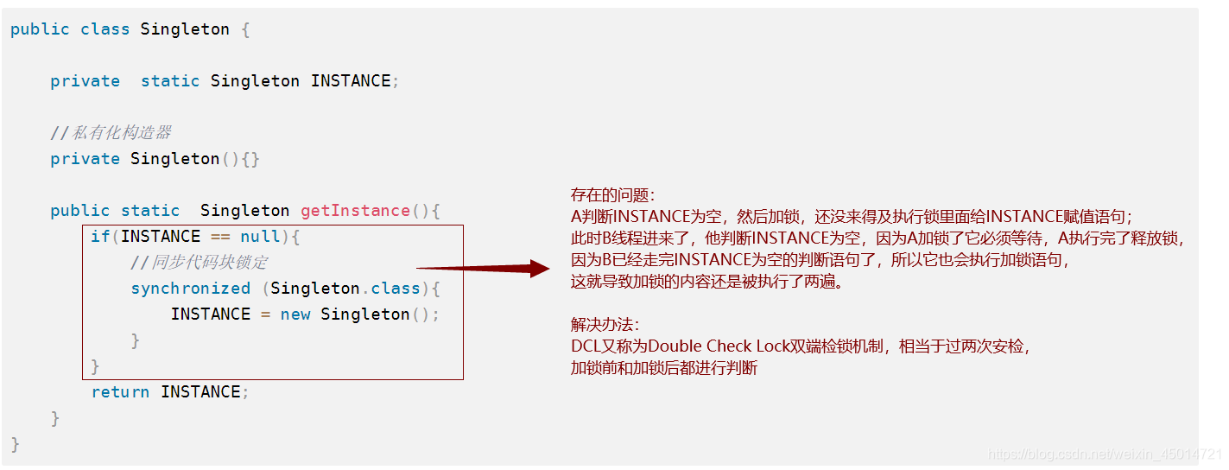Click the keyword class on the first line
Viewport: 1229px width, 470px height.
[x=105, y=29]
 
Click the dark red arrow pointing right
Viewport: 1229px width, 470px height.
[x=484, y=269]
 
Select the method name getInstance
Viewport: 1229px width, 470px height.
[x=355, y=211]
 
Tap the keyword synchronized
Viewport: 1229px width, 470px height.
[x=190, y=289]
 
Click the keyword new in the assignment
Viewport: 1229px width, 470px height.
[x=295, y=314]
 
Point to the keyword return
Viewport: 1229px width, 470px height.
[x=120, y=392]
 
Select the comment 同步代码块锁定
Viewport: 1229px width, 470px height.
[x=200, y=263]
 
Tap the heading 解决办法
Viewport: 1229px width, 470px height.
[x=605, y=325]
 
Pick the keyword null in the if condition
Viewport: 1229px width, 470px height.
[x=260, y=237]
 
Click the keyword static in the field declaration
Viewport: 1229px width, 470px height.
[x=169, y=81]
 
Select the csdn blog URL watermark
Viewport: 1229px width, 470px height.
[x=1105, y=454]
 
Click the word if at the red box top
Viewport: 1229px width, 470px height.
[x=100, y=237]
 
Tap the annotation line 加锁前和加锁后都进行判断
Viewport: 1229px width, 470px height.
[x=663, y=368]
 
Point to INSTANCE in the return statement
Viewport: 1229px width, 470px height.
[x=200, y=392]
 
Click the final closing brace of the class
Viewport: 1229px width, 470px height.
[x=15, y=444]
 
